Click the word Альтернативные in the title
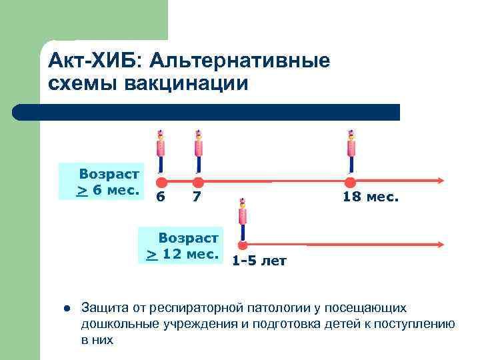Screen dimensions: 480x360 [x=240, y=62]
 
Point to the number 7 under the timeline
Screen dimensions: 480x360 [x=197, y=197]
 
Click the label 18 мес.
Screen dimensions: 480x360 [x=371, y=197]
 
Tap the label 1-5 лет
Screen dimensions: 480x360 [x=259, y=261]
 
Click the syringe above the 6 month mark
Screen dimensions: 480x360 [x=160, y=150]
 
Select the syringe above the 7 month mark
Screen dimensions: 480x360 [x=198, y=150]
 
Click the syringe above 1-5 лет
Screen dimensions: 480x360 [x=243, y=217]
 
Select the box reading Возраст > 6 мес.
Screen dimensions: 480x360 [x=101, y=181]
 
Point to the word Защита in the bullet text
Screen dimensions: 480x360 [x=101, y=308]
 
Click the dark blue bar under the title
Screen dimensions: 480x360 [x=207, y=112]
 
